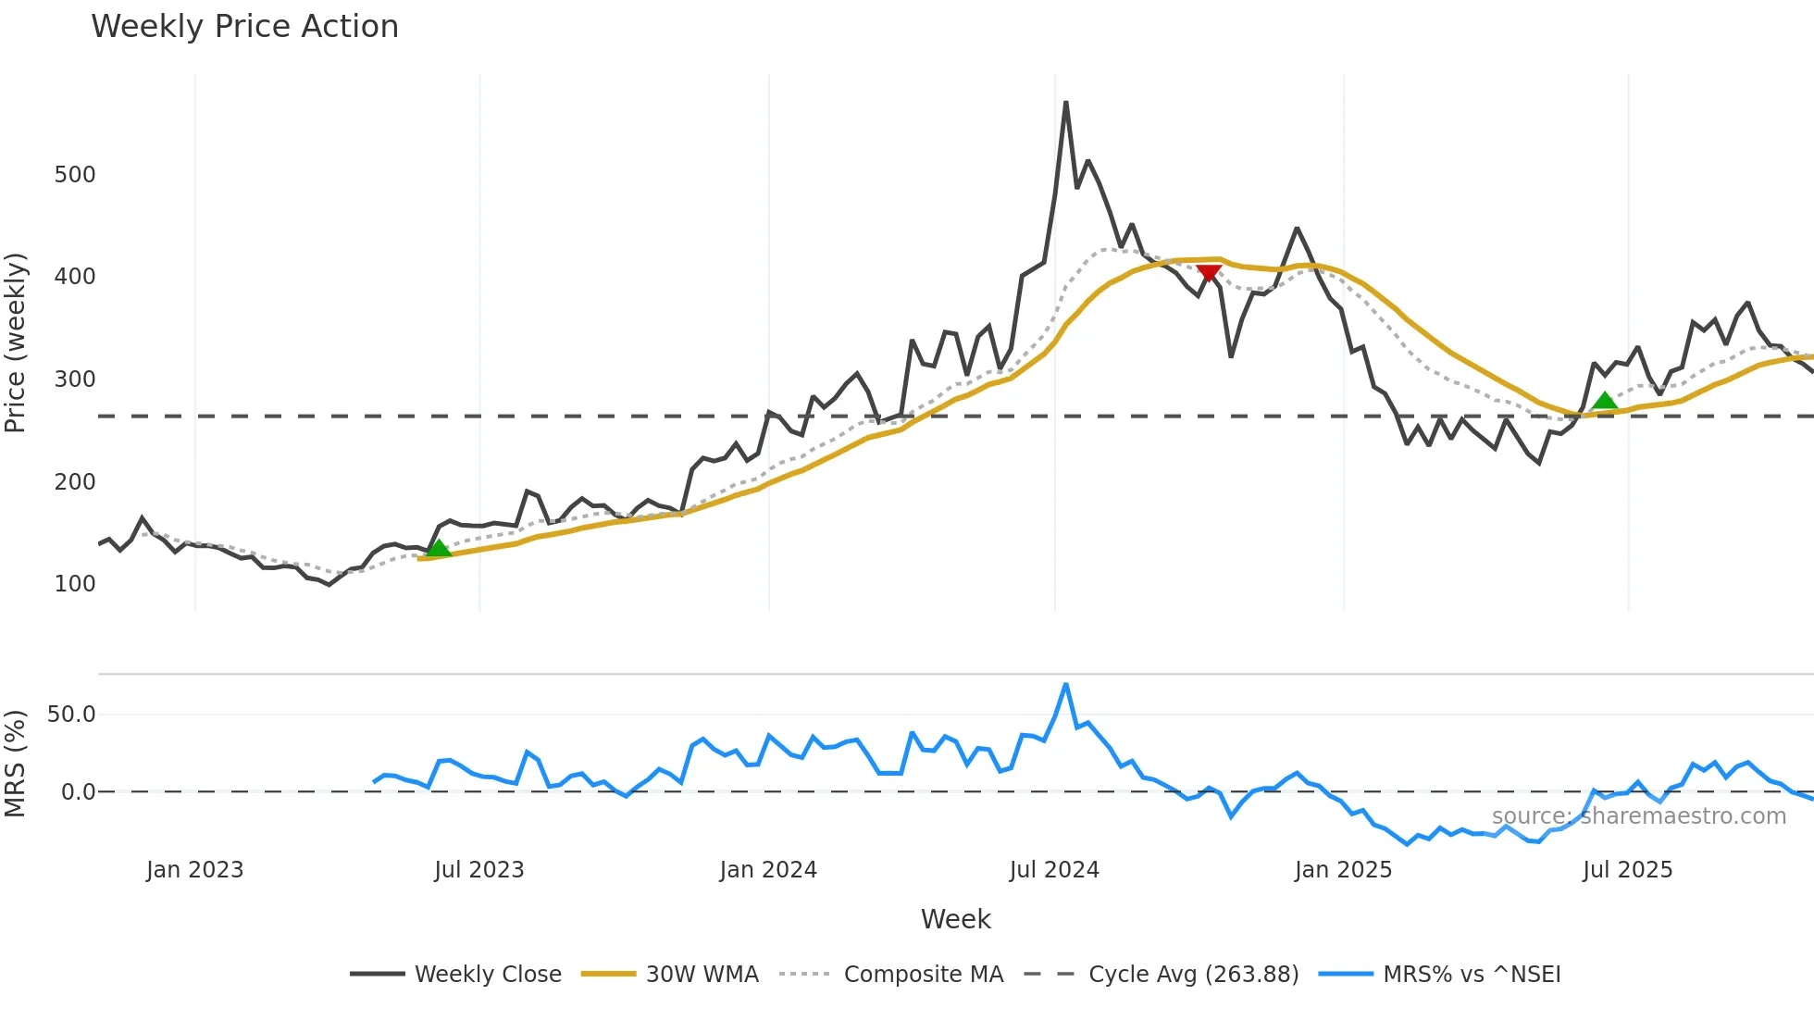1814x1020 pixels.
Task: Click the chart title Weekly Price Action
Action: [244, 26]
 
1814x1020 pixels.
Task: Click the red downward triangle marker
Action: [1209, 272]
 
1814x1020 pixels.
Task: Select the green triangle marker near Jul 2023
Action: [439, 548]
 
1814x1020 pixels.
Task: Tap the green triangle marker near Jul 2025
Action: [1605, 400]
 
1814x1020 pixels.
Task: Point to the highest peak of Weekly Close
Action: [1066, 103]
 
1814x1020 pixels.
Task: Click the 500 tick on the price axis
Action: [75, 174]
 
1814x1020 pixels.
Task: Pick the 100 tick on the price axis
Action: [75, 584]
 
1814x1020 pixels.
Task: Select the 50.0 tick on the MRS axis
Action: [71, 714]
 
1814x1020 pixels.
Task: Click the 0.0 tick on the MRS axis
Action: [78, 791]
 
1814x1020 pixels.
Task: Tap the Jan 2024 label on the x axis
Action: [768, 870]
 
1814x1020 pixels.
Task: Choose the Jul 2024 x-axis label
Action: [1054, 870]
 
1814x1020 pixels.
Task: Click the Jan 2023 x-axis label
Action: [194, 870]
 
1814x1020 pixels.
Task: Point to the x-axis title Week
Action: [955, 919]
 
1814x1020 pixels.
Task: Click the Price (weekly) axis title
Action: [16, 342]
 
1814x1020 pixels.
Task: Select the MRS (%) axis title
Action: [16, 764]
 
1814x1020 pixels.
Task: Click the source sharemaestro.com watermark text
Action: [1638, 816]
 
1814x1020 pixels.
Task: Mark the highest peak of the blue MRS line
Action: [1066, 685]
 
